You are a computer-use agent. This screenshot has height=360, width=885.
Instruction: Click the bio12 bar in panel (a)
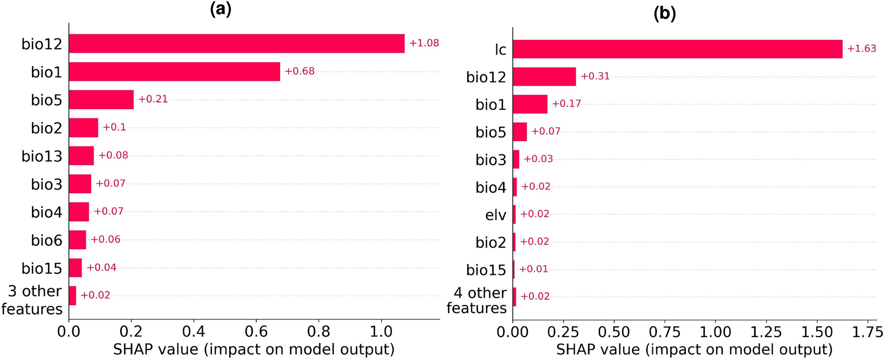(236, 44)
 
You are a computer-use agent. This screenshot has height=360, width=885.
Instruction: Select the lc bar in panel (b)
(677, 49)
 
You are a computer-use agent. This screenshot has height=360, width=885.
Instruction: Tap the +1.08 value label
(424, 43)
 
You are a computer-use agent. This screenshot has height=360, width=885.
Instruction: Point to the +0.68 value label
(300, 71)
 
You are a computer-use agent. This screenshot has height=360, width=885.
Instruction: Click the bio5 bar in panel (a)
(101, 100)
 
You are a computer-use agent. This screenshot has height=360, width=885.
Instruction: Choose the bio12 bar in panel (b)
(544, 77)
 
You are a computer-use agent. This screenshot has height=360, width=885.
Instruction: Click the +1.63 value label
(861, 49)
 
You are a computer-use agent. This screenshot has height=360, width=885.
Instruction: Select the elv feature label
(495, 215)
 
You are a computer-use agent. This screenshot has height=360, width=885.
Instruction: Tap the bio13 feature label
(42, 156)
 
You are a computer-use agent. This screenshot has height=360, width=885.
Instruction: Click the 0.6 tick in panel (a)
(256, 332)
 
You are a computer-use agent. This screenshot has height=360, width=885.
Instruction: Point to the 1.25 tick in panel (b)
(766, 332)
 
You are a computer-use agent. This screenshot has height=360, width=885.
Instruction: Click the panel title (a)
(221, 9)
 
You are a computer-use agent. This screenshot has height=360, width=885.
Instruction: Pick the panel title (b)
(664, 13)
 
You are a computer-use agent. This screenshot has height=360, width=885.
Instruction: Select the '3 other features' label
(32, 300)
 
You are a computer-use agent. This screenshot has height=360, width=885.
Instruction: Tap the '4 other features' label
(477, 300)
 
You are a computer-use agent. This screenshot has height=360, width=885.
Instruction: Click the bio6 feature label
(47, 241)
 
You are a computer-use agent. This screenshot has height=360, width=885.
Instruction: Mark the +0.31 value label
(595, 76)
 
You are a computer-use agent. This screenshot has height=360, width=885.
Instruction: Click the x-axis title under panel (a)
(254, 349)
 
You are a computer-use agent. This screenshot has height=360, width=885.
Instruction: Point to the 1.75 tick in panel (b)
(868, 332)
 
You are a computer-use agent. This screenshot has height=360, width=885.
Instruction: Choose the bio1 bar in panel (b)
(529, 104)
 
